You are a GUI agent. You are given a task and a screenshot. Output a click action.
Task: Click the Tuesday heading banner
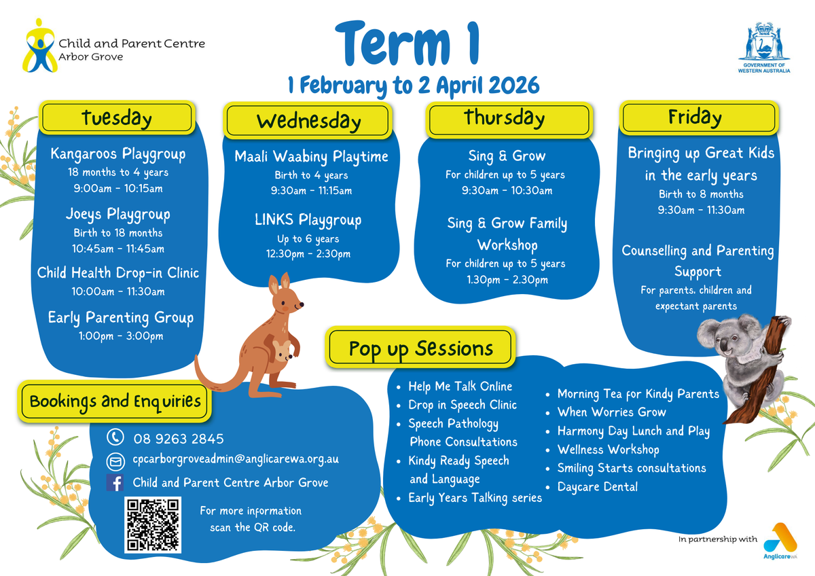click(117, 118)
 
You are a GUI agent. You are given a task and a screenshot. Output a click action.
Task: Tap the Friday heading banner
click(699, 118)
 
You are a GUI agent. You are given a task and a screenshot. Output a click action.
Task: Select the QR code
click(153, 525)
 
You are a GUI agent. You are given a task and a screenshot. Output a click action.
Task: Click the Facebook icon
click(115, 482)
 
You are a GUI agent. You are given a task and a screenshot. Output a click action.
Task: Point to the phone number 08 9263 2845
click(178, 439)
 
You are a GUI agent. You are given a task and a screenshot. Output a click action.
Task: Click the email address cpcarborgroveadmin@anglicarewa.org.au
click(236, 459)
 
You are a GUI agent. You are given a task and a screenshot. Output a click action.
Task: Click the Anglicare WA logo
click(780, 541)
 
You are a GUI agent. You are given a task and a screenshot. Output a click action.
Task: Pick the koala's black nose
click(725, 346)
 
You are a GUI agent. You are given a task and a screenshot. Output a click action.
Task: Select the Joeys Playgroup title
click(118, 214)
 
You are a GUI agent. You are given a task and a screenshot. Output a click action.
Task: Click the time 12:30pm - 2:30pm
click(308, 253)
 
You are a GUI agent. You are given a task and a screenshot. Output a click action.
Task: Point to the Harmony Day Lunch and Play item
click(634, 431)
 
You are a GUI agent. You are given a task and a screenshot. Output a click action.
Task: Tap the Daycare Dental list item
click(598, 486)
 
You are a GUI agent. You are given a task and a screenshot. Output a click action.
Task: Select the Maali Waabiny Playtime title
click(311, 156)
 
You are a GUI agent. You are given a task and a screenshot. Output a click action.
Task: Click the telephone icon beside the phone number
click(115, 437)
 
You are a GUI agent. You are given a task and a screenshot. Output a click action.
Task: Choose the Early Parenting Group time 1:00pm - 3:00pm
click(121, 336)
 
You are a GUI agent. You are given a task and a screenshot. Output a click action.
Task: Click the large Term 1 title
click(407, 43)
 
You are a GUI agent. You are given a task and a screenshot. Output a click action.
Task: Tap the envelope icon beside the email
click(115, 461)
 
